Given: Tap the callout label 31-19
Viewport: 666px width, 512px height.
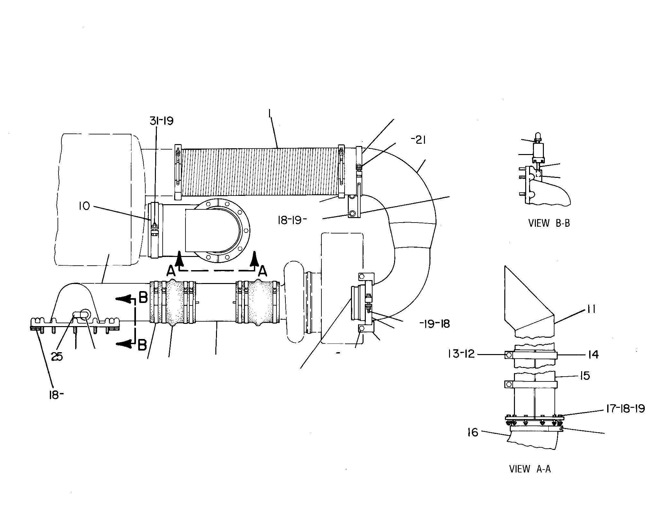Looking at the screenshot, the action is click(162, 121).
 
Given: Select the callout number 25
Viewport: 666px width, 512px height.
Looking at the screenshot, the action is click(57, 357).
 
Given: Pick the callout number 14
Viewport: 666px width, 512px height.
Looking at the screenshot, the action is click(593, 354).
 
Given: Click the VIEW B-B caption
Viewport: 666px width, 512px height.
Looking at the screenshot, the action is click(549, 223).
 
